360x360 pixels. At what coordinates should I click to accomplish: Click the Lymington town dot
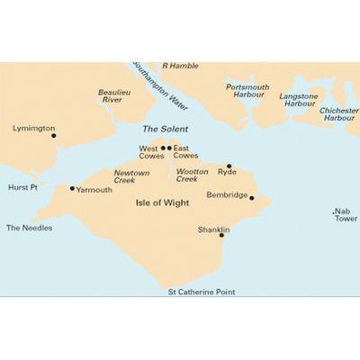coord(53,136)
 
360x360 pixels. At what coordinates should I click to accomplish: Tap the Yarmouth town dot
coord(72,188)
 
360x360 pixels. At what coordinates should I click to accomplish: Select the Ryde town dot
coord(229,166)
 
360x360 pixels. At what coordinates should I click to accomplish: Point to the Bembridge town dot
coord(252,198)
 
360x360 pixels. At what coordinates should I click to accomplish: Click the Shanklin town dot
coord(221,235)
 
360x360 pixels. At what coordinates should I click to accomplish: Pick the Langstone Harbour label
coord(299,99)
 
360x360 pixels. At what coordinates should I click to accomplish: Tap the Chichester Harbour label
coord(340,114)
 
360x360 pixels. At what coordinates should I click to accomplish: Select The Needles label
coord(30,228)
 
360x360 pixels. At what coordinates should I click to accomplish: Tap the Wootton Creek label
coord(193,175)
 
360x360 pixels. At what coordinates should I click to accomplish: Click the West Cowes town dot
coord(163,148)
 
